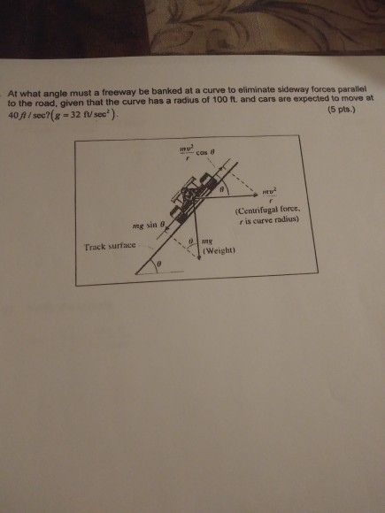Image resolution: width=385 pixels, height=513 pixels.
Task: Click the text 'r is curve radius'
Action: tap(270, 220)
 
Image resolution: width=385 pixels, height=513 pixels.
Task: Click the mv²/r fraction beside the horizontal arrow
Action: tap(270, 193)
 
